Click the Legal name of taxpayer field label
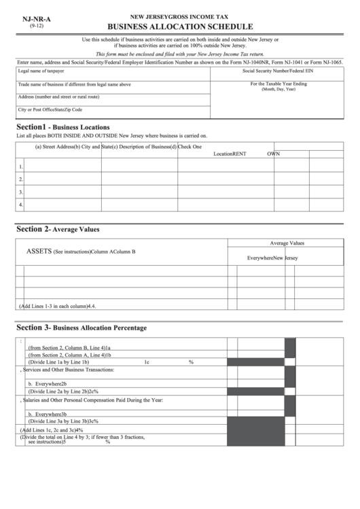tap(41, 71)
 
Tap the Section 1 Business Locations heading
tap(62, 127)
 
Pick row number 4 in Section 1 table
tap(21, 204)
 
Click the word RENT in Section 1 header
tap(239, 154)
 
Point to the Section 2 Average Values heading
tap(58, 230)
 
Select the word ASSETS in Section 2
tap(39, 251)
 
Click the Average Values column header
tap(287, 243)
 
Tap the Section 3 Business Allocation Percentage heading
tap(81, 328)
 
